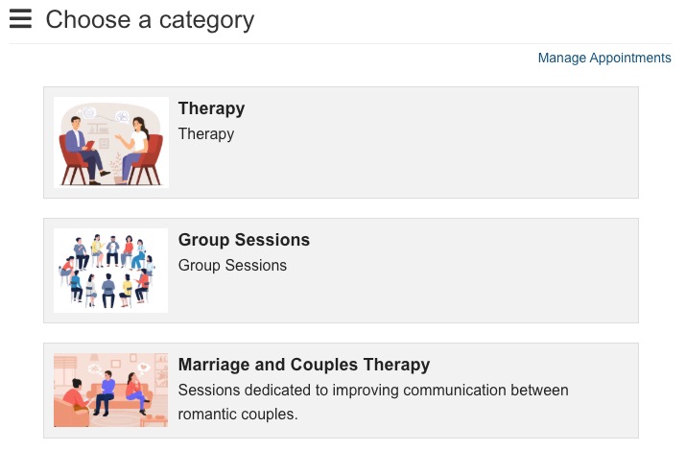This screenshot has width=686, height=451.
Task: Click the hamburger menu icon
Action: (20, 19)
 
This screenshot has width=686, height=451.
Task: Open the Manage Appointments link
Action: (604, 58)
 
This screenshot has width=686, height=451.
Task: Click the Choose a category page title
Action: (150, 20)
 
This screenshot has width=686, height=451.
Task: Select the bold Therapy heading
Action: (211, 108)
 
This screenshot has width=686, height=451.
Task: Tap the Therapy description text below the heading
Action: (206, 133)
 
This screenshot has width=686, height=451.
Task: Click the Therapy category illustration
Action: (111, 143)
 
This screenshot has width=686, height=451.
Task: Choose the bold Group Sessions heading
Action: (244, 240)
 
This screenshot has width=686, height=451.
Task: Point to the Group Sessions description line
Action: (232, 265)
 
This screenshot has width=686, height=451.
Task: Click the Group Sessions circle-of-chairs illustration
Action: (110, 271)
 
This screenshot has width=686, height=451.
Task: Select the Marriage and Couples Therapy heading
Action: (303, 365)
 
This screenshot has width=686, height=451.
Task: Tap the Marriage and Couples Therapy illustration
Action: (110, 391)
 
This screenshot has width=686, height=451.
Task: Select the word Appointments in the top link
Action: (630, 58)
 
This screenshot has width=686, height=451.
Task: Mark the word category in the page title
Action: (206, 21)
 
